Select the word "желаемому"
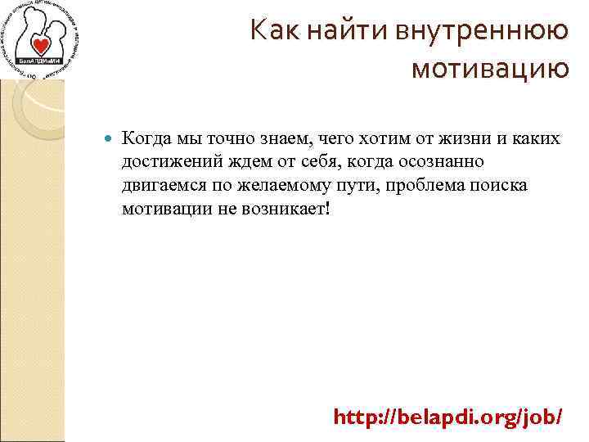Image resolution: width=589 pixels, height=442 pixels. click(x=293, y=185)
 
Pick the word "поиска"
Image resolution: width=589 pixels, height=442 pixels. click(x=498, y=185)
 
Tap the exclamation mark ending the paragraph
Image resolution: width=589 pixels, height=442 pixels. click(x=328, y=208)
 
